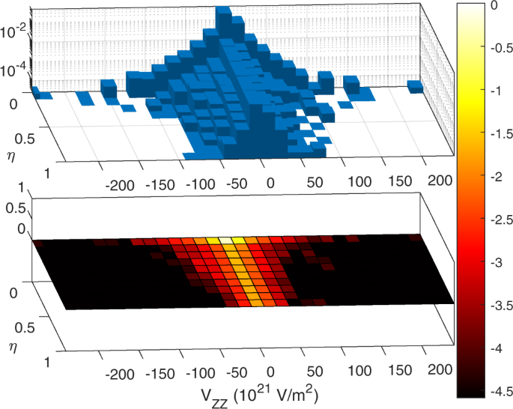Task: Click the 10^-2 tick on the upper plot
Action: pos(17,31)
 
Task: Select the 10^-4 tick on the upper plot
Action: pos(17,68)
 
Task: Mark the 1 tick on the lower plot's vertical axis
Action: pos(17,191)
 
